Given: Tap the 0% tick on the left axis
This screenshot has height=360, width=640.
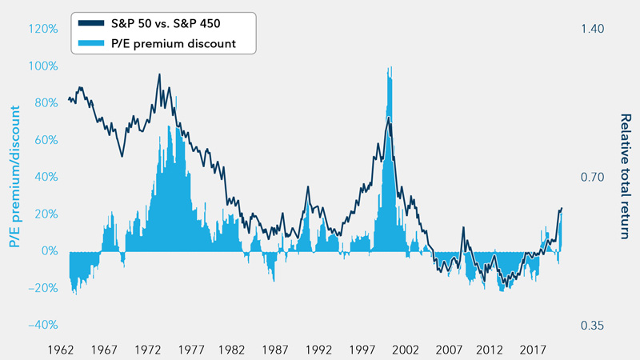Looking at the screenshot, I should click(x=48, y=251).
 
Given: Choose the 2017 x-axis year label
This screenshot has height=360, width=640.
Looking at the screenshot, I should click(x=534, y=350).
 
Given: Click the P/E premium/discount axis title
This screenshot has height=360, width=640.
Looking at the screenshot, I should click(x=17, y=177).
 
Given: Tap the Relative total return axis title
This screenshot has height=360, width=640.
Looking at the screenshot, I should click(x=625, y=177).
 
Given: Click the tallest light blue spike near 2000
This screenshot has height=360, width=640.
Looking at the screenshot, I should click(x=390, y=72).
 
